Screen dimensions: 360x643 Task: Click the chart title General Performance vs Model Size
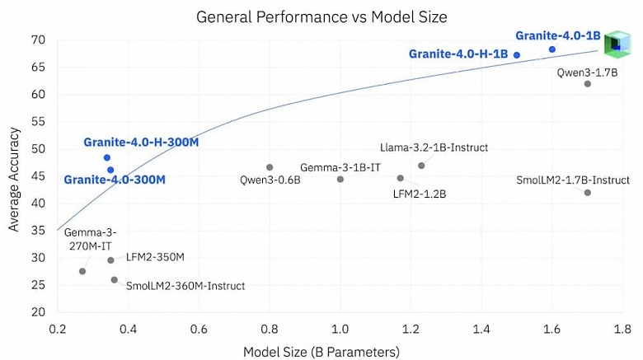(x=321, y=16)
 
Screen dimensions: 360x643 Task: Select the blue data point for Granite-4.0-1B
(x=552, y=49)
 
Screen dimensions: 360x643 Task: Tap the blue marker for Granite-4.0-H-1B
(x=517, y=55)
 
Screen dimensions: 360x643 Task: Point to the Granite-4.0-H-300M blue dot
(x=107, y=157)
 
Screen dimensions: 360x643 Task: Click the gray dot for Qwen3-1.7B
(x=588, y=84)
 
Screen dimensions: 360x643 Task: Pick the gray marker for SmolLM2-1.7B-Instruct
(x=588, y=193)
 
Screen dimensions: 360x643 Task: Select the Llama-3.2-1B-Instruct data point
(x=421, y=166)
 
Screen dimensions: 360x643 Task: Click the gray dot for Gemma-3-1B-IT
(x=340, y=180)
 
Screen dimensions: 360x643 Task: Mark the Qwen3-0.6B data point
(x=270, y=167)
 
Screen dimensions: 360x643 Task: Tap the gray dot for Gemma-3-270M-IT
(x=82, y=271)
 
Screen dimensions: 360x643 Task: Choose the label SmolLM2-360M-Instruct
(x=185, y=286)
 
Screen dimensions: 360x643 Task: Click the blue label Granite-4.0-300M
(x=115, y=180)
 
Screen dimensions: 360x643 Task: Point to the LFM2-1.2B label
(x=420, y=194)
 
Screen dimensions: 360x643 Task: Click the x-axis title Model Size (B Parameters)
(x=321, y=352)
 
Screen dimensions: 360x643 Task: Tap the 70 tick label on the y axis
(x=38, y=40)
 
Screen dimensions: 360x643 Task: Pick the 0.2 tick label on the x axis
(x=58, y=329)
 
